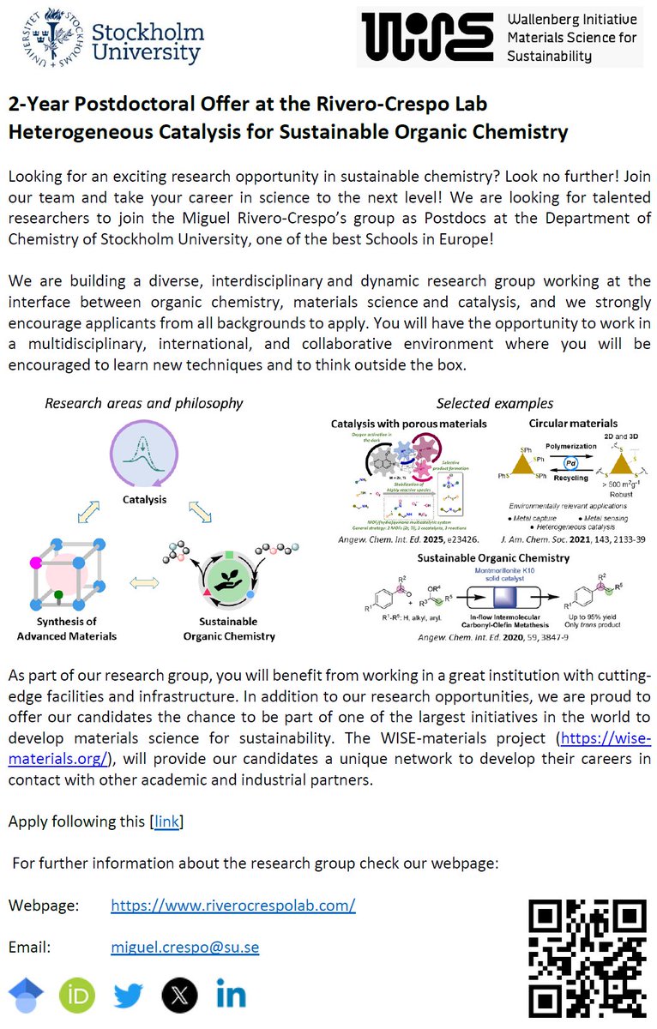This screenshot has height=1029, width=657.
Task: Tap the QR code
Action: pyautogui.click(x=587, y=957)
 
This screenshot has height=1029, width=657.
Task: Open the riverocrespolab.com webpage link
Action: pyautogui.click(x=232, y=906)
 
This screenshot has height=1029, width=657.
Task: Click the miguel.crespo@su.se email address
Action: pyautogui.click(x=184, y=948)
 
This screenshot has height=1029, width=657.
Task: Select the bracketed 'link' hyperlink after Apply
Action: pyautogui.click(x=167, y=821)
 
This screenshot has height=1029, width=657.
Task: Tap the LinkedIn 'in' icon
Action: pyautogui.click(x=232, y=996)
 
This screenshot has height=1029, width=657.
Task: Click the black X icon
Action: pyautogui.click(x=179, y=996)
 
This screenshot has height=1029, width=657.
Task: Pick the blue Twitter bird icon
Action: pyautogui.click(x=129, y=996)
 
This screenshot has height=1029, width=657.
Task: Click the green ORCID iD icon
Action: pyautogui.click(x=77, y=996)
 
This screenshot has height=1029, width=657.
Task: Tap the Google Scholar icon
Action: pyautogui.click(x=26, y=996)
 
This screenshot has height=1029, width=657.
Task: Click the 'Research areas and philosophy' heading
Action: pyautogui.click(x=143, y=403)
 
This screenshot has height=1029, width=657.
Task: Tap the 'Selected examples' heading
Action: pyautogui.click(x=495, y=403)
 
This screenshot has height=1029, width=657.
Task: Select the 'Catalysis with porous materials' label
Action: pyautogui.click(x=409, y=423)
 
